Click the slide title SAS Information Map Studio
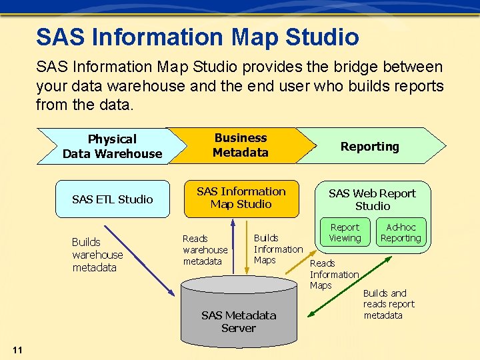[x=197, y=37]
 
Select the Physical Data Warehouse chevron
[x=112, y=146]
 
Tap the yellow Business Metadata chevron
[x=240, y=145]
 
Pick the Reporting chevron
[x=370, y=147]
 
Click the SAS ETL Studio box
[x=113, y=199]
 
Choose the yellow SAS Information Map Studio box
[x=241, y=198]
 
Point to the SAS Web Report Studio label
[x=372, y=199]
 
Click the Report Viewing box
[x=345, y=233]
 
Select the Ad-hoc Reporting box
[x=401, y=233]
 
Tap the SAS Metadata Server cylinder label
[x=239, y=321]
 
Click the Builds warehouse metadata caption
[x=97, y=255]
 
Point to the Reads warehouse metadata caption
[x=205, y=250]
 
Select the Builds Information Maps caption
[x=278, y=249]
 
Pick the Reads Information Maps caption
[x=334, y=274]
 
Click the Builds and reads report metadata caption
[x=389, y=304]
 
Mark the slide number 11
[x=17, y=351]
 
